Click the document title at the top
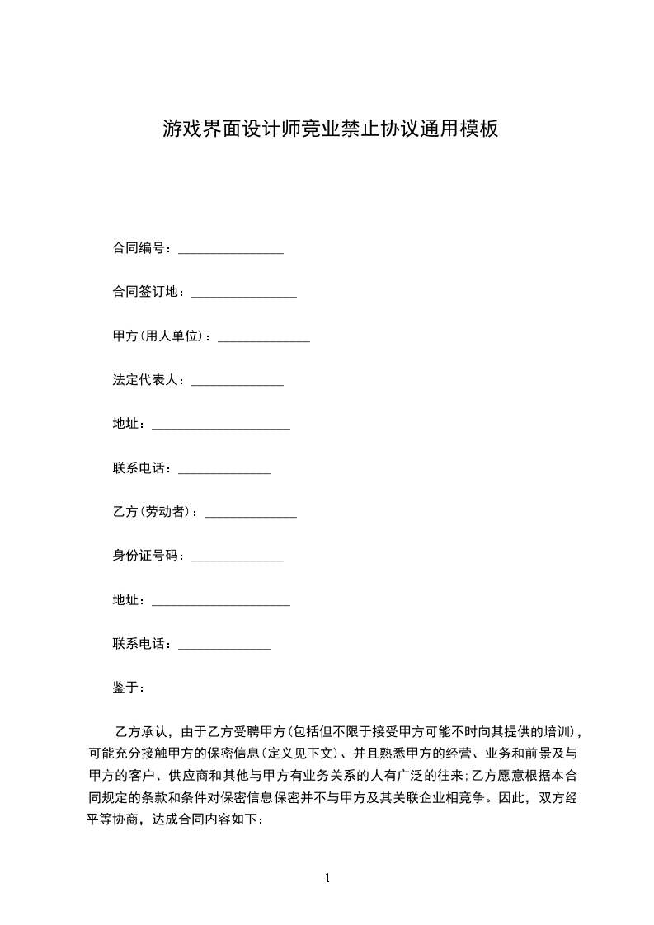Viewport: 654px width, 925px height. pyautogui.click(x=331, y=129)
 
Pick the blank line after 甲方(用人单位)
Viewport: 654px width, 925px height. pyautogui.click(x=263, y=340)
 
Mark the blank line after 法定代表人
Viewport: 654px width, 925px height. pyautogui.click(x=237, y=383)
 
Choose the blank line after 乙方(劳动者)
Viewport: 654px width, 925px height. pyautogui.click(x=250, y=515)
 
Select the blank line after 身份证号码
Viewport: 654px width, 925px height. pyautogui.click(x=237, y=560)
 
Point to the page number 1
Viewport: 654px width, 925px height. pyautogui.click(x=327, y=878)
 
